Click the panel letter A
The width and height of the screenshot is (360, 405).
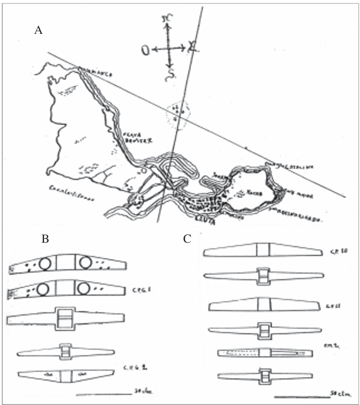(x=39, y=30)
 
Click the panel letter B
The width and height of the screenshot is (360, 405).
(x=45, y=239)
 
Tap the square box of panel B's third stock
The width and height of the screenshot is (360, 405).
(x=66, y=319)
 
